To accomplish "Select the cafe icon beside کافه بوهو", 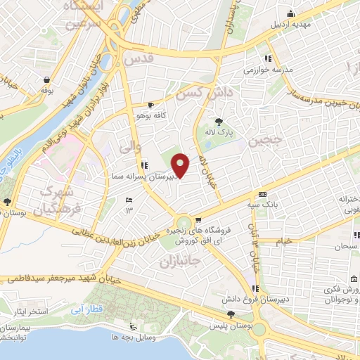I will pos(150,104).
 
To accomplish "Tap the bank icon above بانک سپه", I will pos(262,194).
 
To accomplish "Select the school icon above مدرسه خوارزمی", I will pos(266,59).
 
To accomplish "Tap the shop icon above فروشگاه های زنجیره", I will pos(200,219).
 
